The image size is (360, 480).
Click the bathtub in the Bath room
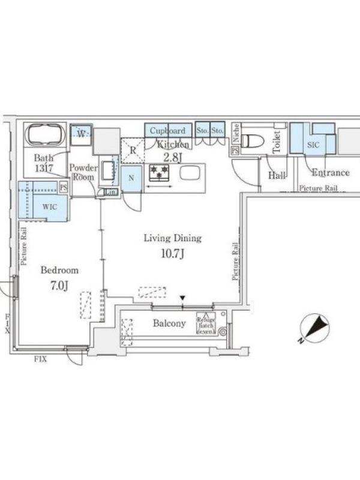pyautogui.click(x=44, y=135)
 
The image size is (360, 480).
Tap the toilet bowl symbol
pyautogui.click(x=253, y=140)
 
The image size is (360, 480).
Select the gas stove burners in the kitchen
pyautogui.click(x=159, y=172)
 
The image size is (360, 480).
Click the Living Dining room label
pyautogui.click(x=172, y=238)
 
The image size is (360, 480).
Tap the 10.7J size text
pyautogui.click(x=172, y=253)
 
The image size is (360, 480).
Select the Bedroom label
pyautogui.click(x=59, y=271)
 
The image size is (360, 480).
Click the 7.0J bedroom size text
pyautogui.click(x=59, y=286)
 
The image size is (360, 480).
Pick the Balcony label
pyautogui.click(x=169, y=324)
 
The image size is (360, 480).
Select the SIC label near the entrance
pyautogui.click(x=313, y=145)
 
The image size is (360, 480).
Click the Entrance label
pyautogui.click(x=330, y=173)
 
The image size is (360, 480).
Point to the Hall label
pyautogui.click(x=277, y=175)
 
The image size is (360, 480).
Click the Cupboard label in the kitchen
pyautogui.click(x=167, y=131)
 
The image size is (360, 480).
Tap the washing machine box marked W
pyautogui.click(x=80, y=132)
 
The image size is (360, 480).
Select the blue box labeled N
pyautogui.click(x=131, y=178)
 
